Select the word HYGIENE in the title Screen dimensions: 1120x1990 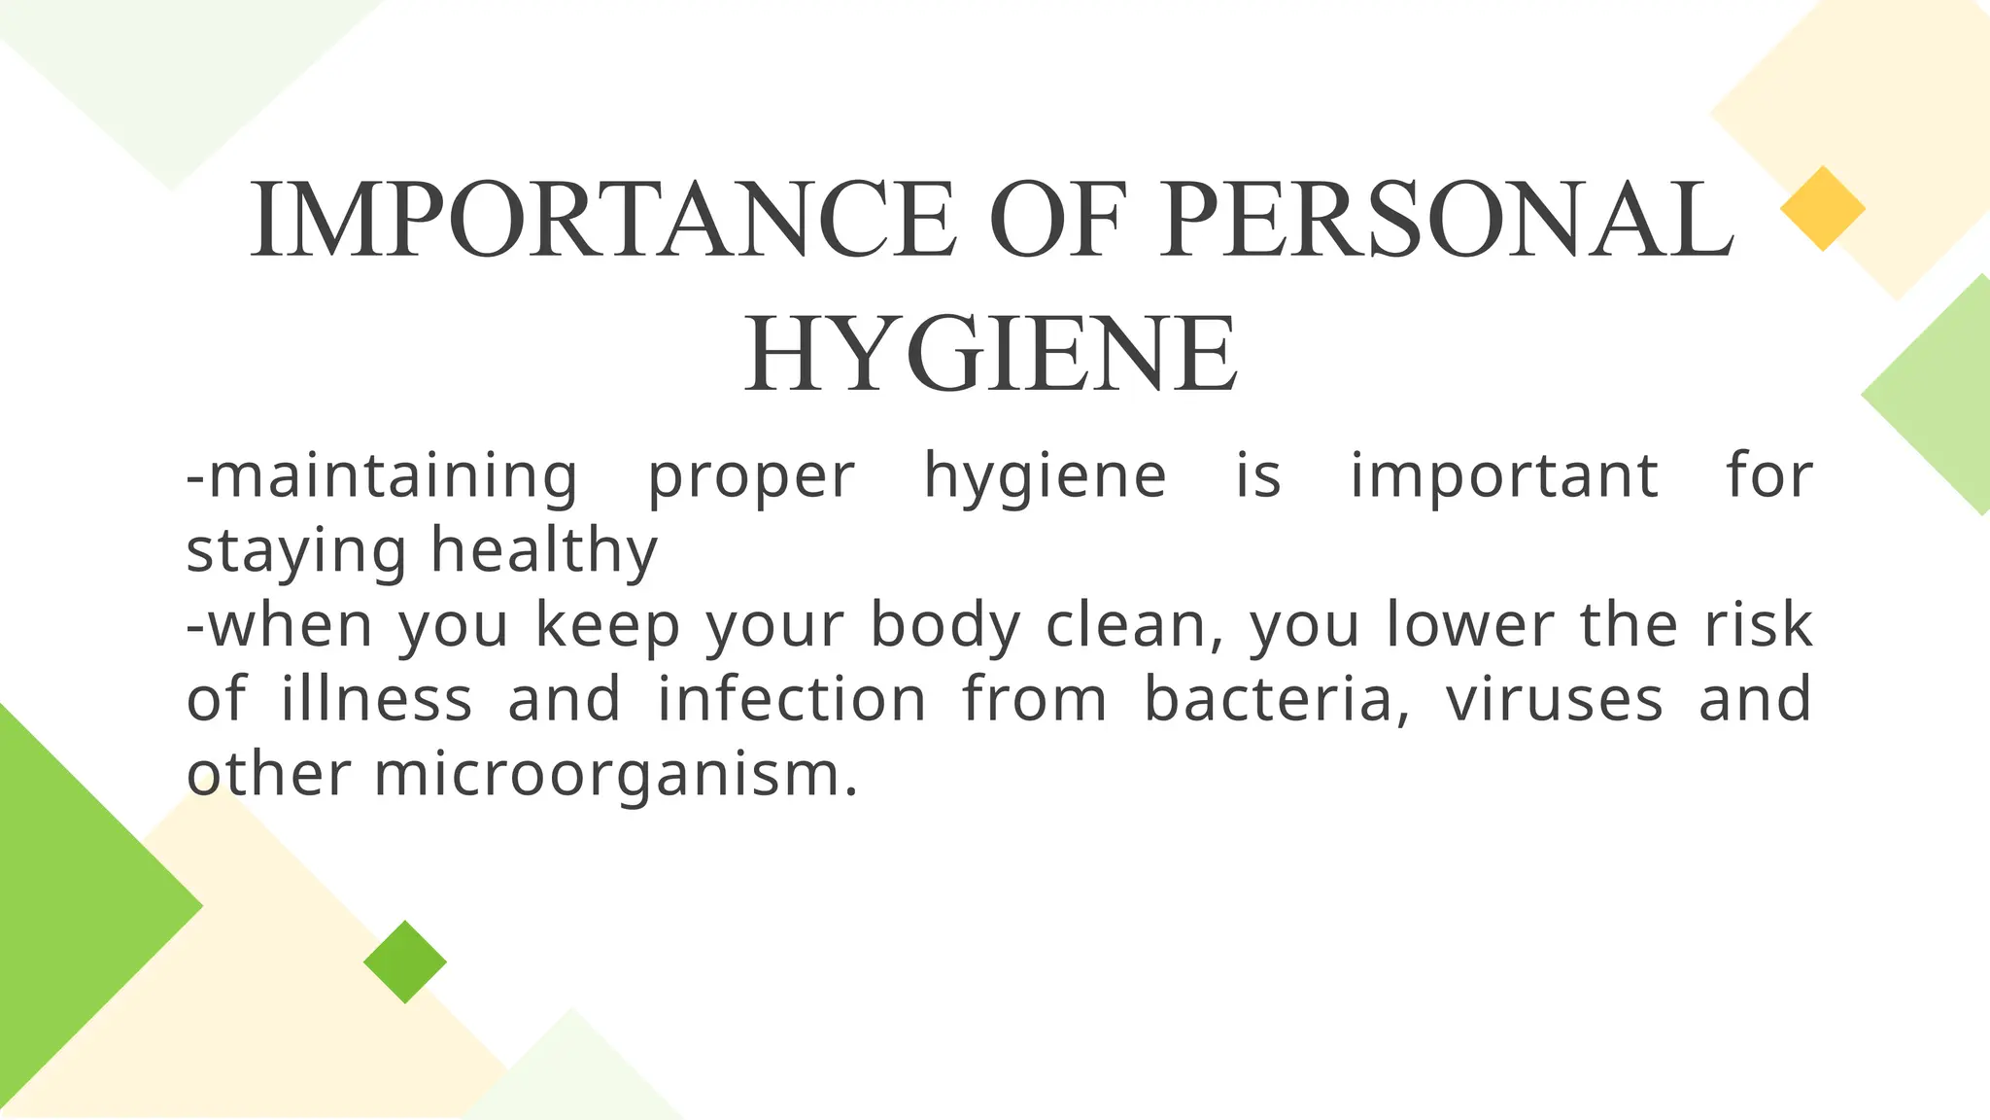(x=992, y=354)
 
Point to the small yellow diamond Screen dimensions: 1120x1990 (x=1822, y=208)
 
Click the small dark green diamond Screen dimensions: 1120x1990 (x=405, y=962)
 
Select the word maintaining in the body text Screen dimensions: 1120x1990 (x=383, y=477)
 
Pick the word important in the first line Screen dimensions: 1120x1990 (x=1504, y=477)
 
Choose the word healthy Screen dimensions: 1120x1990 (x=544, y=552)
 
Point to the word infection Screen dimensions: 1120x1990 (x=792, y=698)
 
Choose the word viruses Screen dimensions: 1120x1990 (x=1554, y=700)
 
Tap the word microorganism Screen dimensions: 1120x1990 (x=616, y=776)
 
